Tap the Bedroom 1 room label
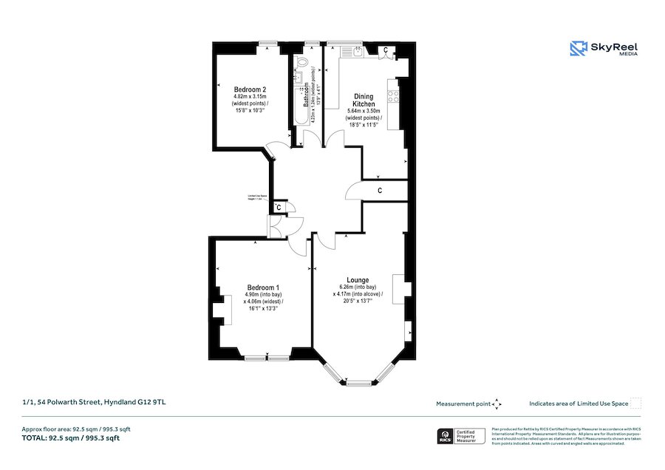[x=263, y=287]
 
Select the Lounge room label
[x=358, y=280]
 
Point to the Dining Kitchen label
[x=364, y=101]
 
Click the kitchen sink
[x=358, y=51]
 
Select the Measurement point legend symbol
[x=497, y=403]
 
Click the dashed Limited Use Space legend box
[x=635, y=403]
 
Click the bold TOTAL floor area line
[x=71, y=438]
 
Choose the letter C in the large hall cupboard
[x=379, y=191]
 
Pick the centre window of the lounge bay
[x=358, y=382]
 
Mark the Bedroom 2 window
[x=268, y=42]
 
